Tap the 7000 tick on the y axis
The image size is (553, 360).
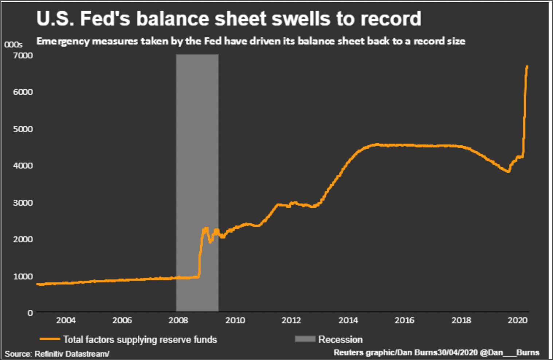(23, 55)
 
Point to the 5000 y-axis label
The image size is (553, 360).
(23, 129)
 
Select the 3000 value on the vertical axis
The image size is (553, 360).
(23, 203)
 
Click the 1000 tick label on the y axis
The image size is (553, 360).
(23, 276)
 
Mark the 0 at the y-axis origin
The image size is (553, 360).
(30, 313)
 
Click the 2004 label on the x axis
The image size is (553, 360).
(66, 320)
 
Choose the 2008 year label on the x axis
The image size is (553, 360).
(178, 320)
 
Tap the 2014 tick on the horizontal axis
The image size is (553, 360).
(348, 320)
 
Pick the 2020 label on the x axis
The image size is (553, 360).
(517, 320)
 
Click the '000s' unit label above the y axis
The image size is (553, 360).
(13, 44)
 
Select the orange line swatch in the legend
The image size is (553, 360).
(50, 339)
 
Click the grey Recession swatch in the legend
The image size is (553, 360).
(305, 339)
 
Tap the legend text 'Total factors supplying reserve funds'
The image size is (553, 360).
(140, 340)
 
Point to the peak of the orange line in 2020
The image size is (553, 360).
(527, 66)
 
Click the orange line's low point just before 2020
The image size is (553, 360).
(508, 171)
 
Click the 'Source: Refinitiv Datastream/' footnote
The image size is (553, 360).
(57, 353)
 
